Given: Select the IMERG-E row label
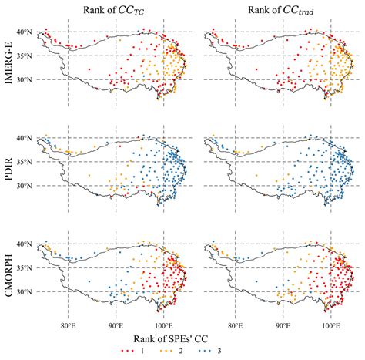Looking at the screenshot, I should click(10, 67).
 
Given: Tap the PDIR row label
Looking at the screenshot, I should click(10, 173).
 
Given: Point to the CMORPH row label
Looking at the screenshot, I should click(10, 279).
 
